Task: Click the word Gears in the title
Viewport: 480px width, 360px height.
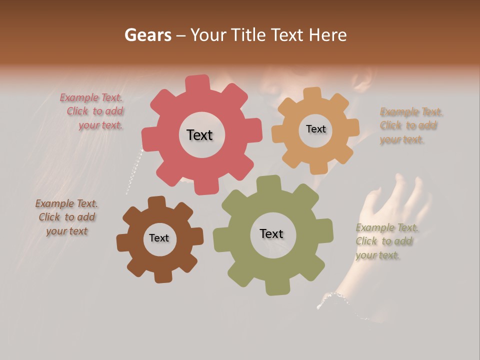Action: point(147,35)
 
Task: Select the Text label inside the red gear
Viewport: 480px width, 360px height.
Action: point(199,135)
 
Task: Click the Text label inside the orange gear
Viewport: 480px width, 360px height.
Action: point(315,129)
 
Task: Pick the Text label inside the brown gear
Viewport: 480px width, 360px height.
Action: point(158,238)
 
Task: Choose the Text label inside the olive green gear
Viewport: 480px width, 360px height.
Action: point(271,233)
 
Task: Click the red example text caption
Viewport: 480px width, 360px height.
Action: point(95,111)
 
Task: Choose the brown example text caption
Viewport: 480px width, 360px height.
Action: point(67,217)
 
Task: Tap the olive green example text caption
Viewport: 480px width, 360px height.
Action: point(386,241)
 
